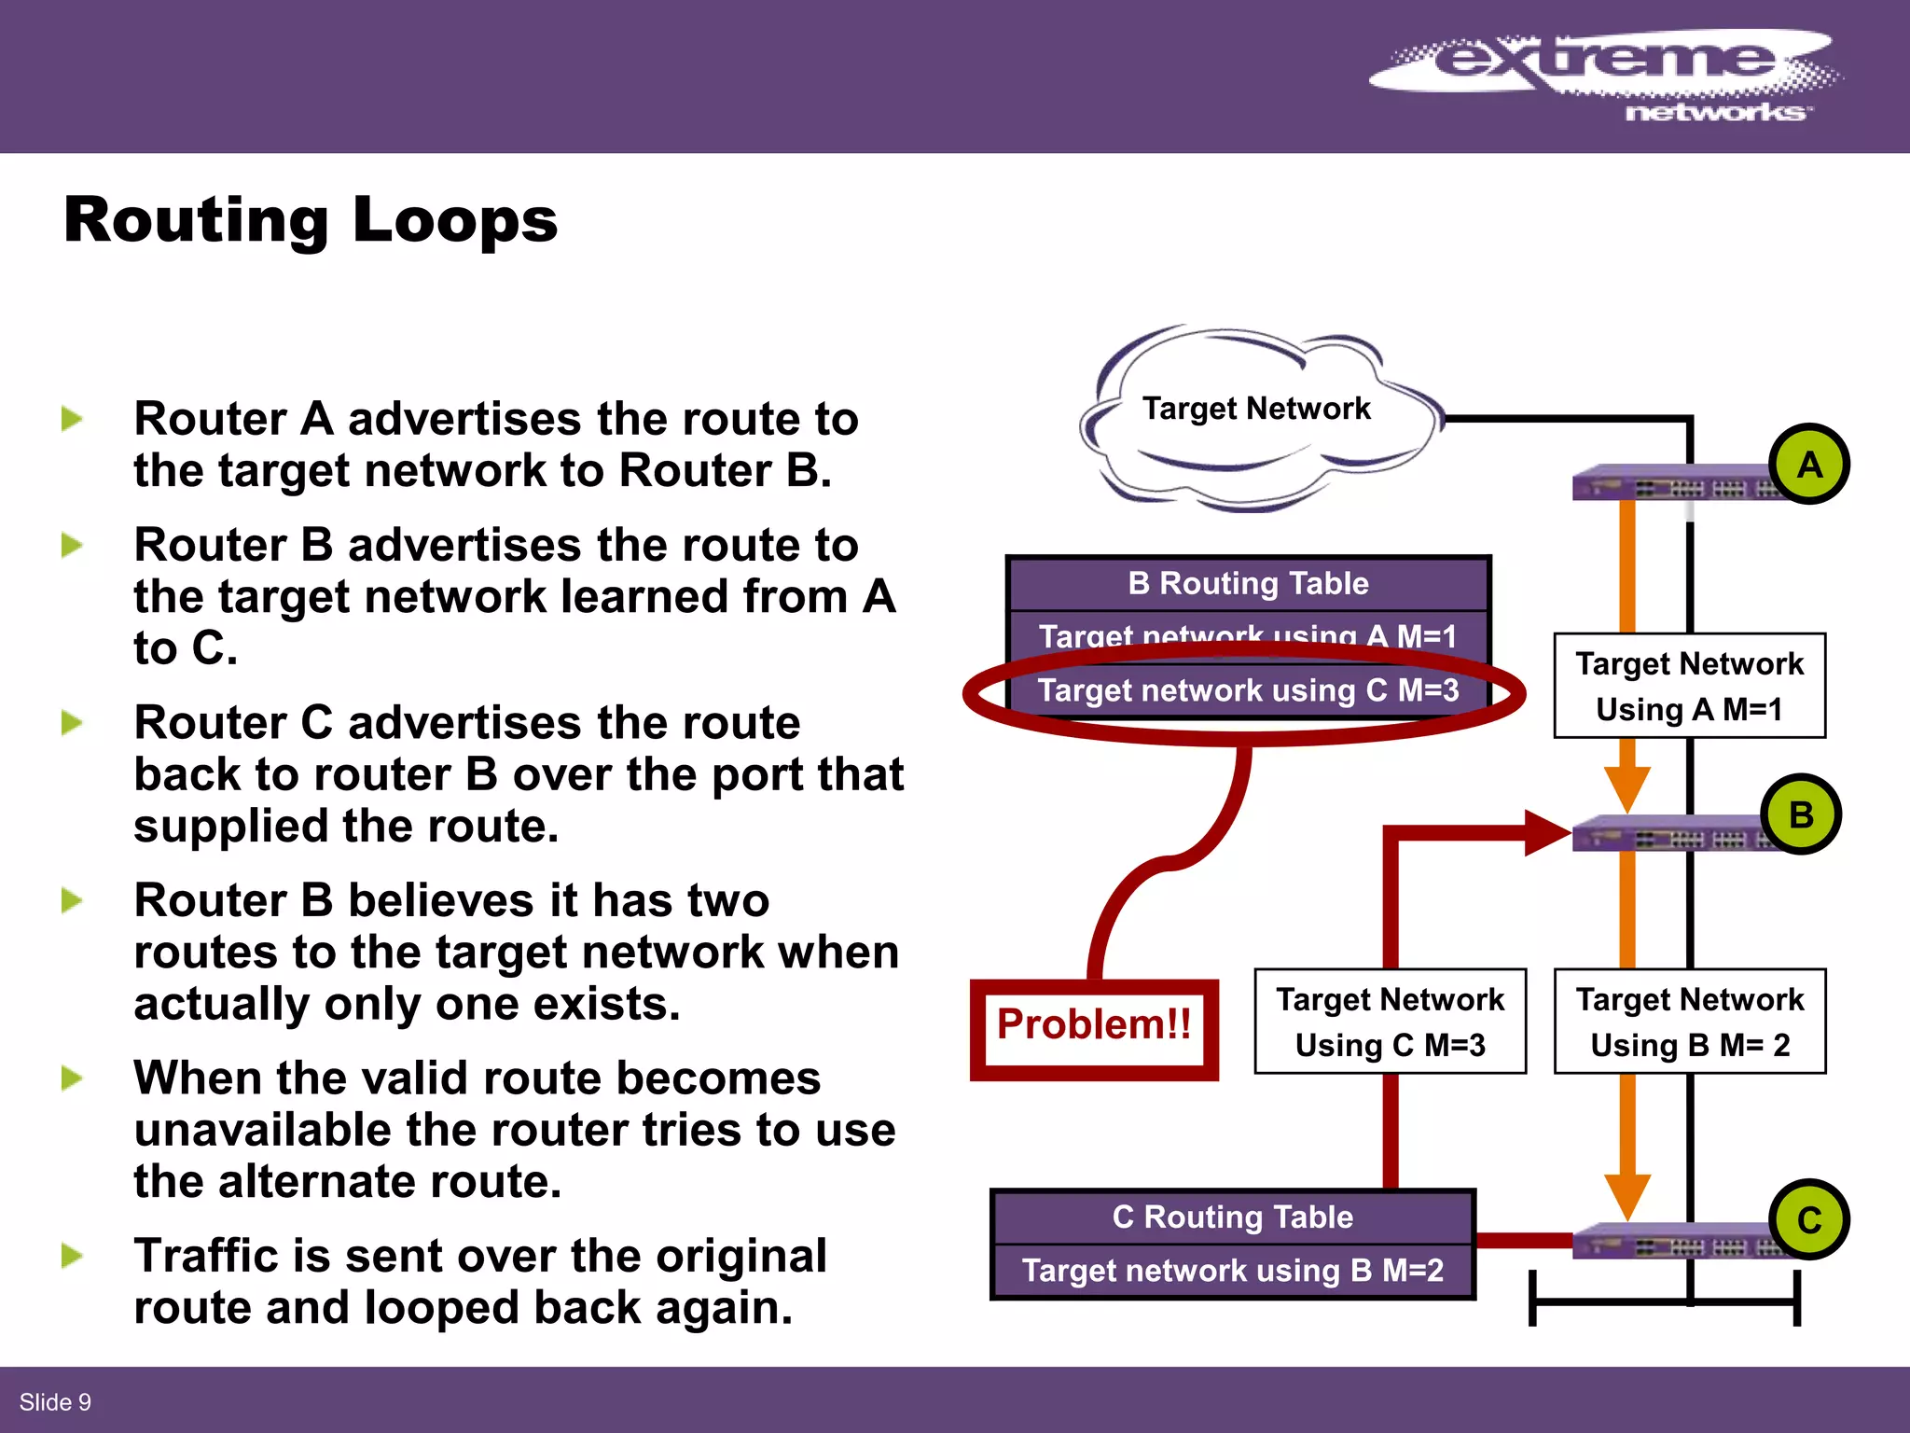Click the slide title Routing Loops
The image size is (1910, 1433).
[311, 220]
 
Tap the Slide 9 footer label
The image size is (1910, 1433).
[55, 1402]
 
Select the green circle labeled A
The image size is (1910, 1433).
[1808, 465]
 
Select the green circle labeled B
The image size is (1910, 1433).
[1801, 814]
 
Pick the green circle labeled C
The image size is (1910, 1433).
[1808, 1219]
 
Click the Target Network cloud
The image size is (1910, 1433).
[1255, 415]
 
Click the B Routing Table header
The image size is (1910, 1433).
[1248, 584]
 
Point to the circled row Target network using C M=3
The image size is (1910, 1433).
[1248, 691]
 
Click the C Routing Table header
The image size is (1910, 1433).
[1232, 1217]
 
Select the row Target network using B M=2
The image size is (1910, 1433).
[1232, 1271]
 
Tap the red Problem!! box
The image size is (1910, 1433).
[1094, 1027]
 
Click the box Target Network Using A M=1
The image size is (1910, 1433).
[1689, 686]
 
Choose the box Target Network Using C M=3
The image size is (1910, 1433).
[1390, 1022]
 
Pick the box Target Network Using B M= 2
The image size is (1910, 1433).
[1689, 1022]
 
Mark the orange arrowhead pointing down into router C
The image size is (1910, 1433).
[1627, 1196]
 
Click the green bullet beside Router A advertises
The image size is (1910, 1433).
[72, 419]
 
